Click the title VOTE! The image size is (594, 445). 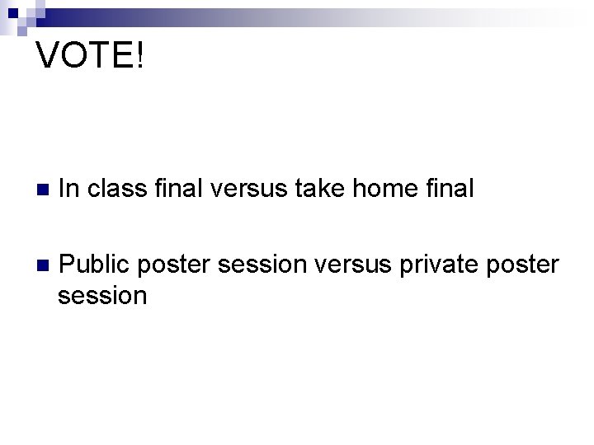point(91,57)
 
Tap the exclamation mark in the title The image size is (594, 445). point(139,57)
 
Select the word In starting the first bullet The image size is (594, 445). point(68,189)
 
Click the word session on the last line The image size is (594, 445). point(102,295)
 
